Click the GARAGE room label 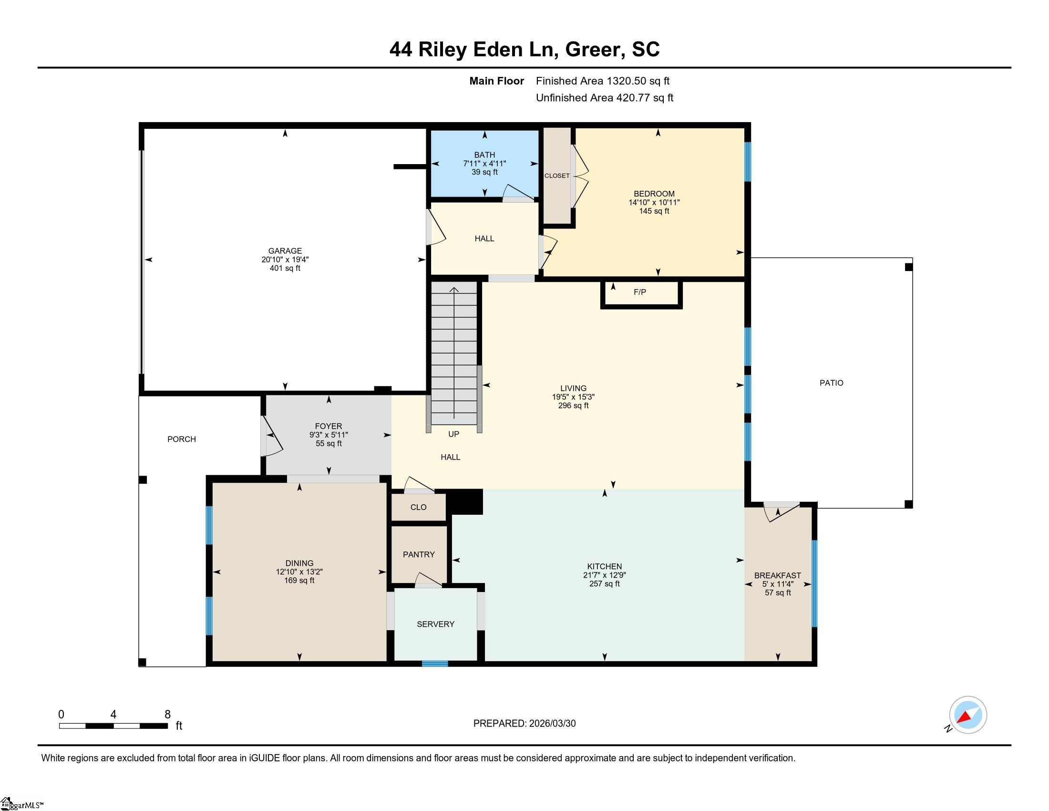tap(285, 251)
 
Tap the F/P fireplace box tap(641, 294)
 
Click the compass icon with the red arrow tap(968, 715)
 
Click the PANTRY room tap(419, 554)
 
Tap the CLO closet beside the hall tap(418, 507)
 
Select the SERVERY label tap(436, 624)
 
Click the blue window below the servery tap(435, 664)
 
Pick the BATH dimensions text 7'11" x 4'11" tap(484, 163)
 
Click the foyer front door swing tap(272, 436)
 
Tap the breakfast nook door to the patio tap(782, 511)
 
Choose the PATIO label tap(832, 383)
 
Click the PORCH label tap(182, 439)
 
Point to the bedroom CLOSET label tap(556, 176)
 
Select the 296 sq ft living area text tap(573, 405)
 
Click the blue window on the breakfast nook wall tap(814, 584)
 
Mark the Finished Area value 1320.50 tap(627, 81)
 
